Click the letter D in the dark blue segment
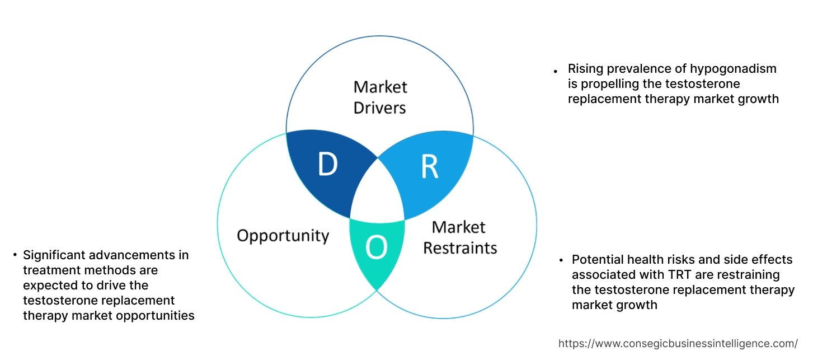(x=328, y=164)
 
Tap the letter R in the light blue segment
(x=429, y=167)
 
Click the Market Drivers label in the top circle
(x=380, y=97)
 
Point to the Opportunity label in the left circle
(x=283, y=235)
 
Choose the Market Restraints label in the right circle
(x=459, y=237)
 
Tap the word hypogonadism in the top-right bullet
(x=732, y=69)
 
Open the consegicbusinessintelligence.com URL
(x=678, y=343)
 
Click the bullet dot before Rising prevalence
(x=556, y=72)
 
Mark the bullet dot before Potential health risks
(x=561, y=260)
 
